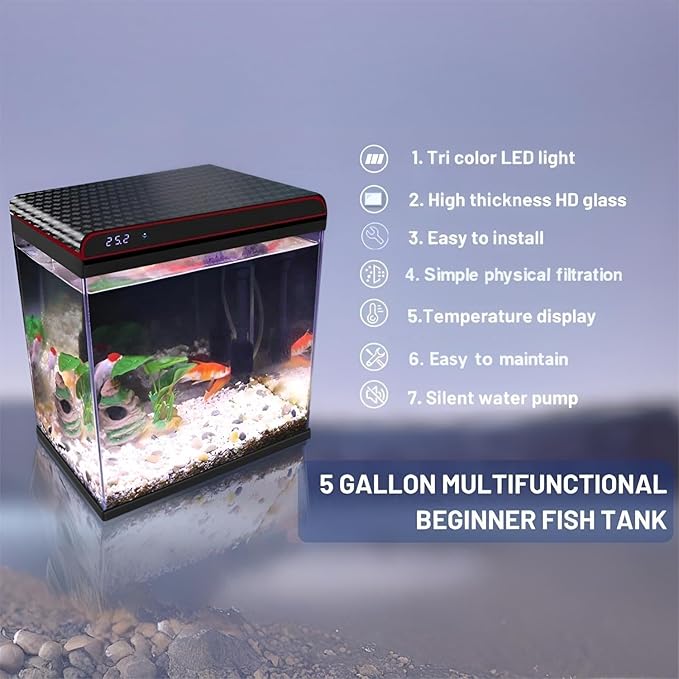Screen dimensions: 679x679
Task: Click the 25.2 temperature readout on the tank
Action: pyautogui.click(x=117, y=240)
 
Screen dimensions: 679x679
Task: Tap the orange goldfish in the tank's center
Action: pyautogui.click(x=207, y=374)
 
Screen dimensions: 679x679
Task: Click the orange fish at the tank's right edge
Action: pyautogui.click(x=301, y=344)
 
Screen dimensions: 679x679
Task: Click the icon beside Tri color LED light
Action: pyautogui.click(x=374, y=158)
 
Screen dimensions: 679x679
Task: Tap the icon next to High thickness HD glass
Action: pyautogui.click(x=374, y=199)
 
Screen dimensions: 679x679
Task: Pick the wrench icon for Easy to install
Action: pyautogui.click(x=374, y=237)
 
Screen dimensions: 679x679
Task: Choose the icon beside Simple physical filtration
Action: pyautogui.click(x=374, y=274)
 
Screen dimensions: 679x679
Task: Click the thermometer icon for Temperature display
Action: pyautogui.click(x=374, y=314)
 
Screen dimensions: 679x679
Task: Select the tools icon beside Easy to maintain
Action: pyautogui.click(x=374, y=357)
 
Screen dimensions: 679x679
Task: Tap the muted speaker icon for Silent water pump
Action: pyautogui.click(x=374, y=396)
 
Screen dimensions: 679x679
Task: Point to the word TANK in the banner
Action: pyautogui.click(x=633, y=521)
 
